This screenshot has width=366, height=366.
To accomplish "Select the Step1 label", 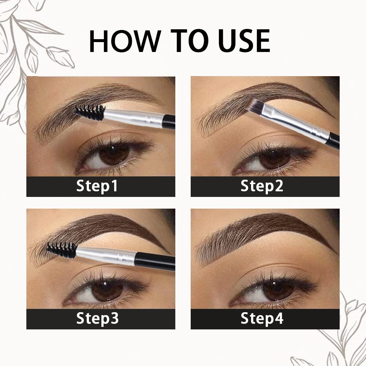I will [x=97, y=186].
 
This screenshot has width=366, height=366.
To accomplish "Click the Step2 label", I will [x=262, y=186].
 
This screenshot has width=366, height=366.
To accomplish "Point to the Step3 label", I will [x=97, y=319].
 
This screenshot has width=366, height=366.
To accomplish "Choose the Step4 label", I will [x=262, y=319].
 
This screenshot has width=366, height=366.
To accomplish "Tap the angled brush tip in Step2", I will [x=254, y=105].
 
